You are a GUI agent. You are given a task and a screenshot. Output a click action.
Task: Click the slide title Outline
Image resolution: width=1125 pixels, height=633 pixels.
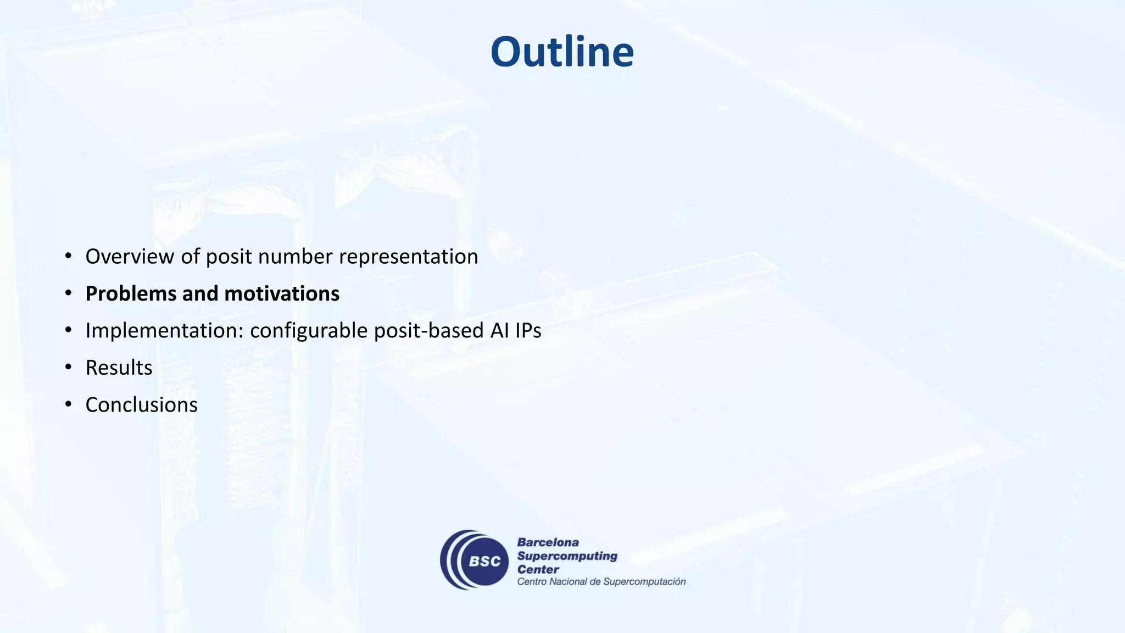[562, 52]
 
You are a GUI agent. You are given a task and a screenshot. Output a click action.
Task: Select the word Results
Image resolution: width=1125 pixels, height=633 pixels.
[119, 368]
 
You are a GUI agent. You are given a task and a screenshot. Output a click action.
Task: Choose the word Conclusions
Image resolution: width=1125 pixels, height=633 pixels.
[141, 405]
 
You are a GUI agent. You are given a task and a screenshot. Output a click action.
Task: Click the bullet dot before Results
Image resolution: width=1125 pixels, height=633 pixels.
[68, 368]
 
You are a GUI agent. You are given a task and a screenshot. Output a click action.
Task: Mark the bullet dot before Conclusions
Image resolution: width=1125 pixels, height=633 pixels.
[68, 405]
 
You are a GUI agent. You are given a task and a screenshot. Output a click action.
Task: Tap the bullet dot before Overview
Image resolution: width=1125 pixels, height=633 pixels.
[68, 257]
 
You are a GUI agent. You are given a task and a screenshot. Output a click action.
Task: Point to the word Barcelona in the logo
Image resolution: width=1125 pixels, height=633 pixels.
[548, 543]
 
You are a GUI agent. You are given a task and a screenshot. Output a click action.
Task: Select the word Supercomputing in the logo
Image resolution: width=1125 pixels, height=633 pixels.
[567, 556]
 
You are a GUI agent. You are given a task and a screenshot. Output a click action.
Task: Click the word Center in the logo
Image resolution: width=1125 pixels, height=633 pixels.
[538, 570]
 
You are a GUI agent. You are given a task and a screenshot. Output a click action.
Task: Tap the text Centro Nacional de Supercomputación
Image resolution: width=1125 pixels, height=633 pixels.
[601, 582]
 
